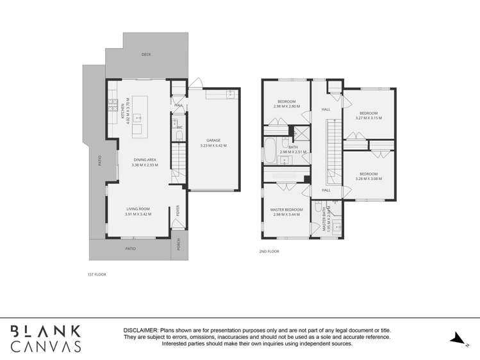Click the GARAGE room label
tap(213, 140)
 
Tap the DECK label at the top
tap(146, 54)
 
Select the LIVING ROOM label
tap(138, 209)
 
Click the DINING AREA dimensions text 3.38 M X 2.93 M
tap(144, 165)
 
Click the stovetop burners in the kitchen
tap(112, 104)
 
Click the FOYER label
tap(179, 211)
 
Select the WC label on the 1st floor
tap(179, 127)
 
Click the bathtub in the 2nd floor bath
tap(270, 151)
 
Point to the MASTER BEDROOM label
tap(286, 209)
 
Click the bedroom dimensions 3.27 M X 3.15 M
tap(368, 118)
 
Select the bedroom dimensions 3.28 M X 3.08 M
tap(368, 179)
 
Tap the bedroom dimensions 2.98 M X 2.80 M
tap(286, 106)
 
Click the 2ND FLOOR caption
tap(269, 252)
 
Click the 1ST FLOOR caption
tap(96, 274)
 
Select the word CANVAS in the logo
tap(46, 346)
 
